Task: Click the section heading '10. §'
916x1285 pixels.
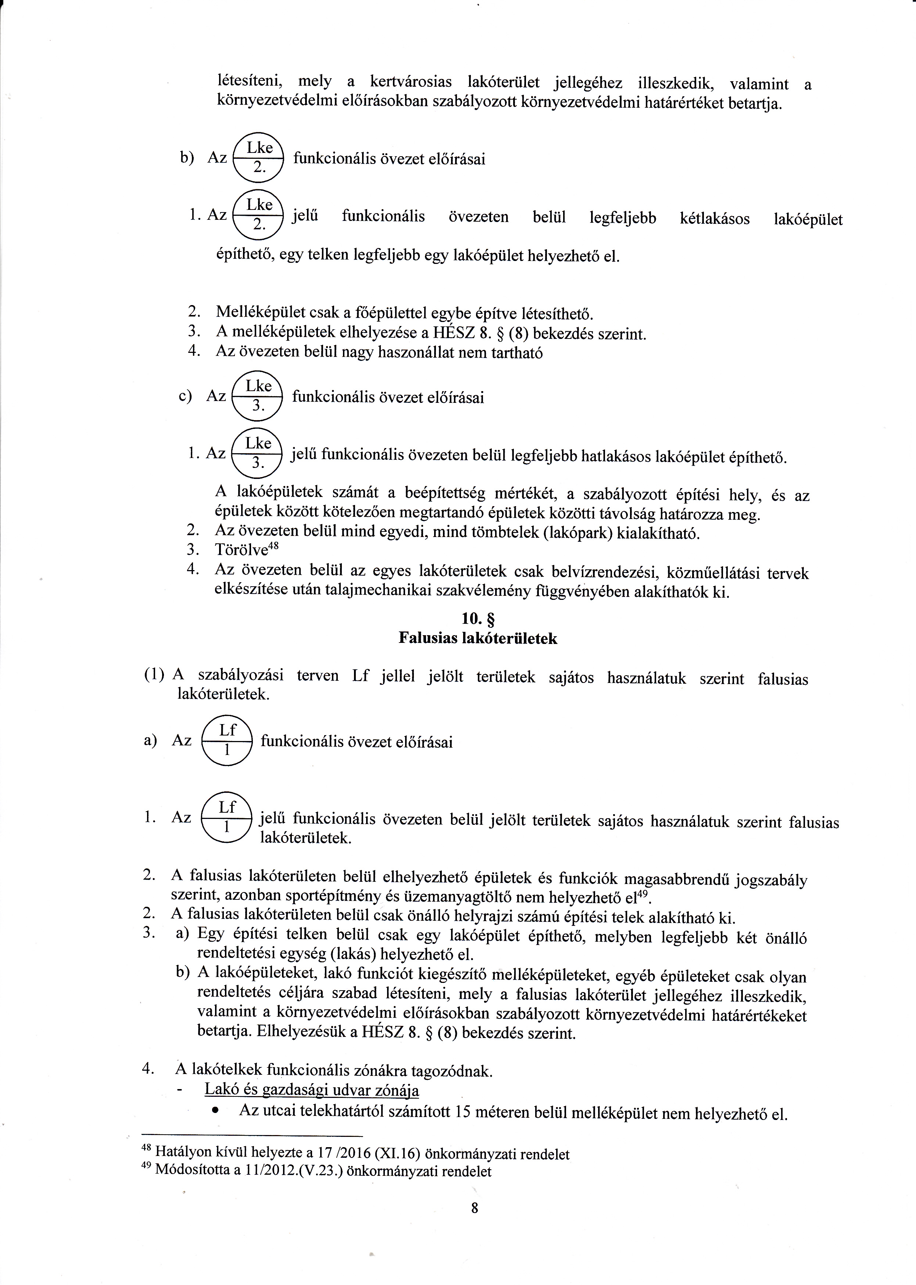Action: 478,619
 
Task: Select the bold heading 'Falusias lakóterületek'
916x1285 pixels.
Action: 478,638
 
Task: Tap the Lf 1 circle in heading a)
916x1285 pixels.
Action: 226,741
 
